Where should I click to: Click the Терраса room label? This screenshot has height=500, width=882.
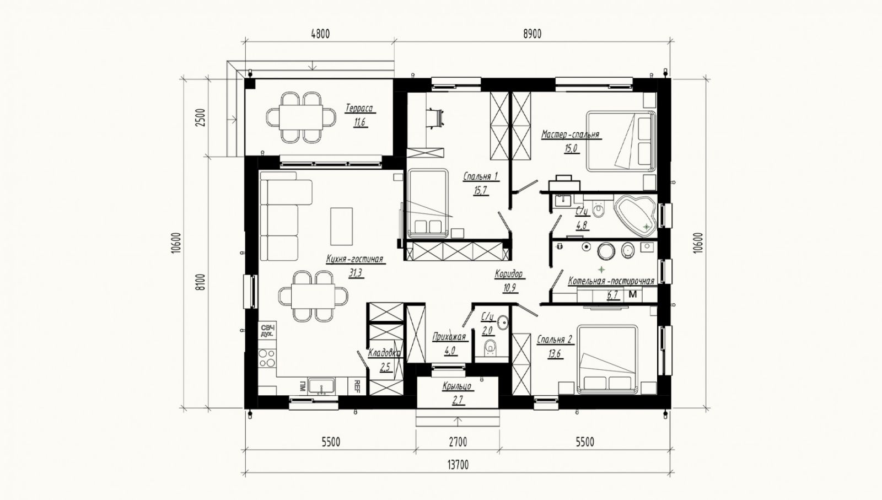coord(359,108)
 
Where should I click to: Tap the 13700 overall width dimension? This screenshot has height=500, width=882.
coord(458,465)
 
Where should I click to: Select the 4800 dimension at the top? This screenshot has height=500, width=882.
coord(320,34)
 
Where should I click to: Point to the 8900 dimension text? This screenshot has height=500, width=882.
coord(533,34)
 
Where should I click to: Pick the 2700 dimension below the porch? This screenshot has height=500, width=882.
coord(458,442)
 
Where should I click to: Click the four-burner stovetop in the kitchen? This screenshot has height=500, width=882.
coord(267,358)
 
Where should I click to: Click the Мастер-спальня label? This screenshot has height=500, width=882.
coord(570,135)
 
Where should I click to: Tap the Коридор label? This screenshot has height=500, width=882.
coord(509,274)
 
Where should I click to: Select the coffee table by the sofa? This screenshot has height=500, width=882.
coord(341,227)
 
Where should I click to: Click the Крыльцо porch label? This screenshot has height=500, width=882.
coord(457,386)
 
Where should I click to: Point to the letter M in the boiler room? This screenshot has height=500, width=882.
coord(633,294)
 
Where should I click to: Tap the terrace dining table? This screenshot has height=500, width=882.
coord(301,117)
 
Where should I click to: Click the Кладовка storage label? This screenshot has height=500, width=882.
coord(384,353)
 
